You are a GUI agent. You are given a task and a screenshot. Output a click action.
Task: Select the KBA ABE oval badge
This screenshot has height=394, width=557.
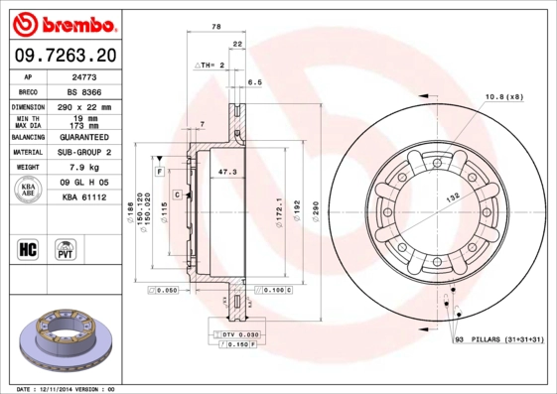[x=29, y=190]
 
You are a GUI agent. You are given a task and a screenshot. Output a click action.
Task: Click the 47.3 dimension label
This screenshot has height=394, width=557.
[x=226, y=172]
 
